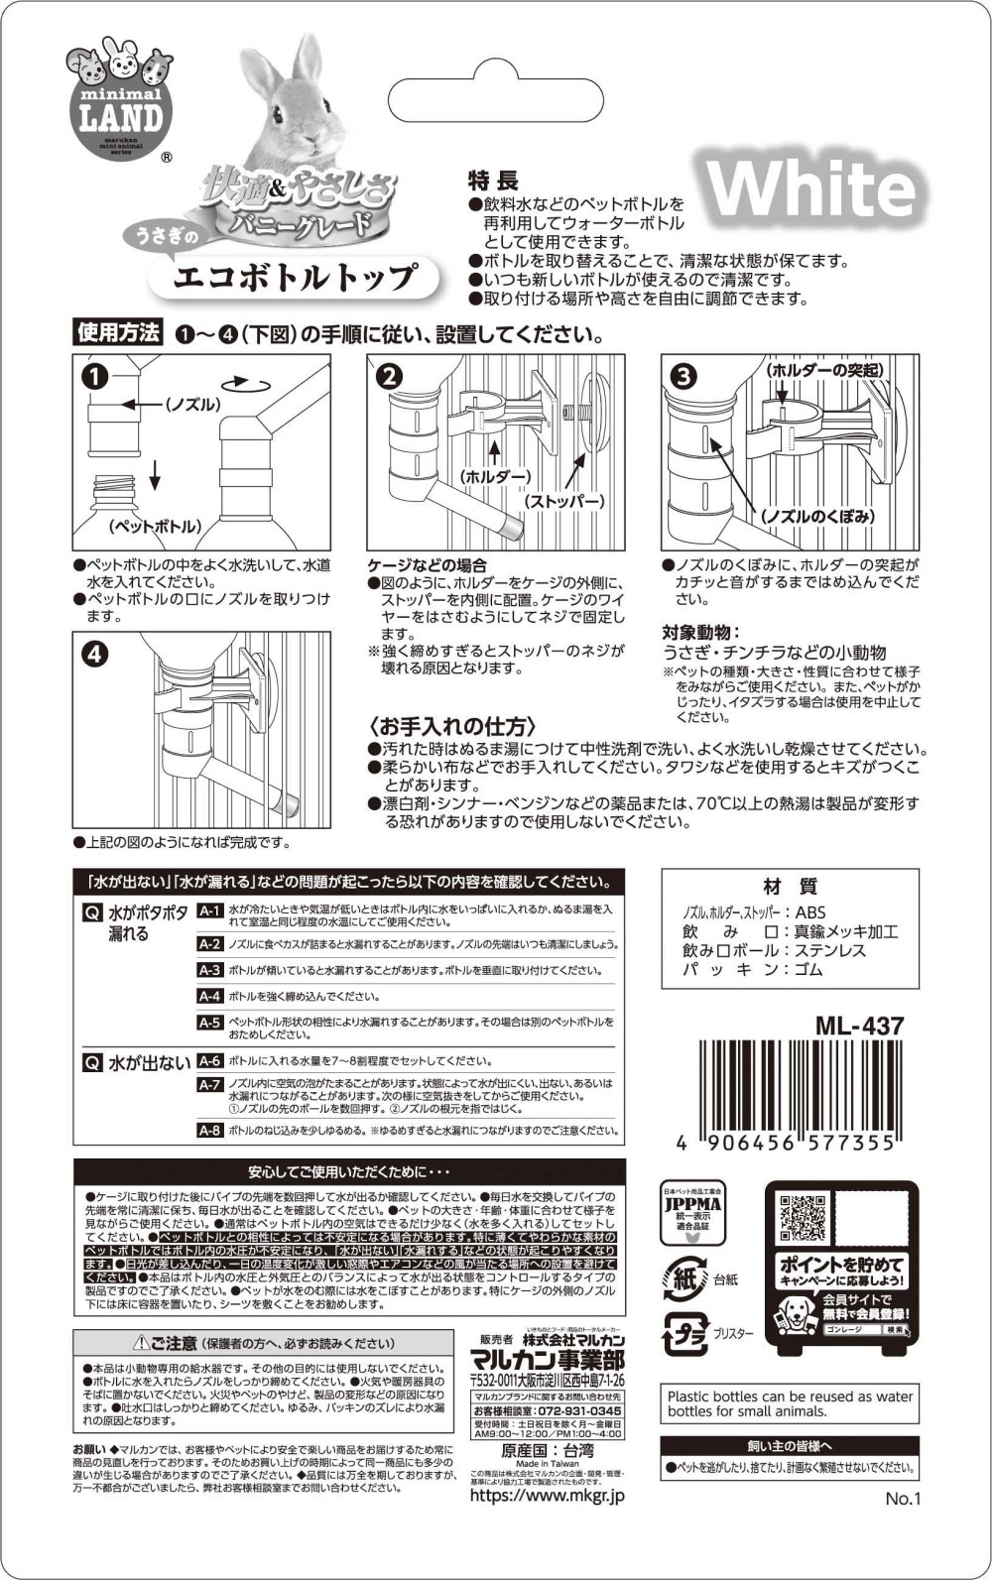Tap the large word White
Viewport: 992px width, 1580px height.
[x=810, y=188]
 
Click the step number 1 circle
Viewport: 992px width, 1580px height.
[x=94, y=375]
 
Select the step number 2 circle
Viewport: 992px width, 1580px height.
[x=389, y=375]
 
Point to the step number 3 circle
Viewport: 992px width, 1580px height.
[x=684, y=375]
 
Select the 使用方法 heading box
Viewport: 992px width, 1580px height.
[x=118, y=333]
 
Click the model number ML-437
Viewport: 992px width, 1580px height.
[x=859, y=1025]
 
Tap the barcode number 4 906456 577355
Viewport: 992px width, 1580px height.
[x=785, y=1142]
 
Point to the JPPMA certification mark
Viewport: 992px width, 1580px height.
[x=691, y=1212]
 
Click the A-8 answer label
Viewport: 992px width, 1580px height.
[x=209, y=1131]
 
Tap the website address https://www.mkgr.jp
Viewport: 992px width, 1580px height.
[x=547, y=1495]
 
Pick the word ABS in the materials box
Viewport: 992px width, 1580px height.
[x=809, y=912]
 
